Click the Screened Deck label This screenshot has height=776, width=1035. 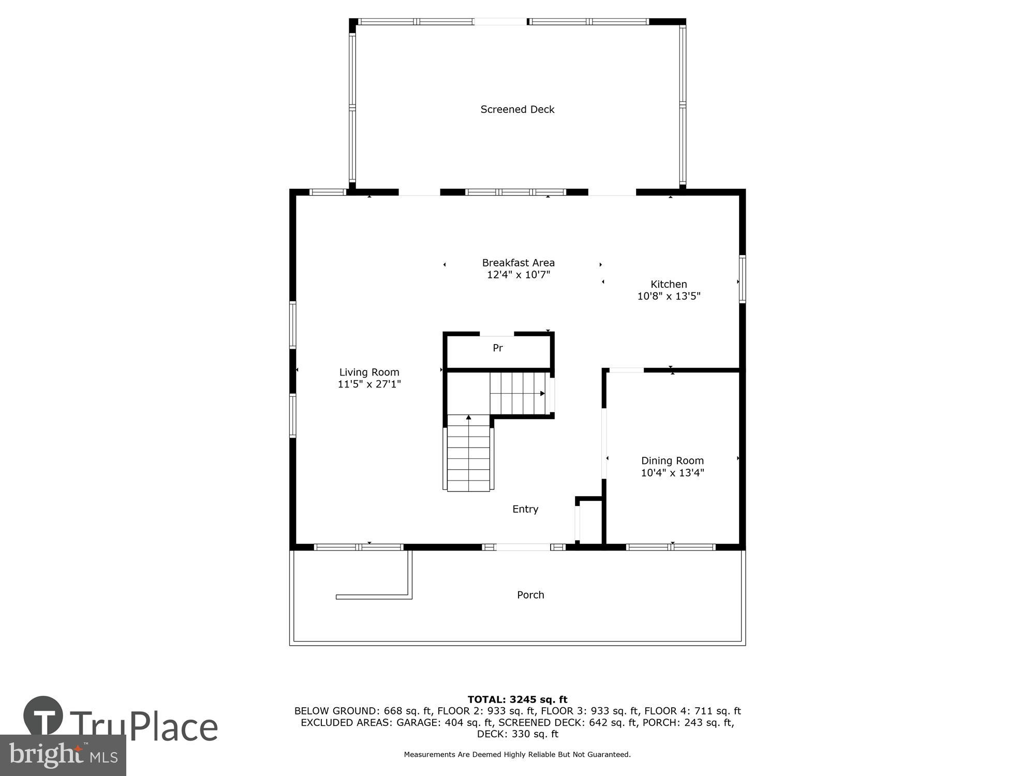pos(517,109)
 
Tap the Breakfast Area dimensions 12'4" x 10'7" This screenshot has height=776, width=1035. pos(518,275)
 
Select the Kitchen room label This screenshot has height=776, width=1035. pos(669,284)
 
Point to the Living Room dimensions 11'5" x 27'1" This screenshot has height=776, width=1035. pos(369,384)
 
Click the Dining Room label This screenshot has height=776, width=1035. pos(672,460)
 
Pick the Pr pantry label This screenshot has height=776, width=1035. pos(497,348)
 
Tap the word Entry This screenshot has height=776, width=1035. pos(525,509)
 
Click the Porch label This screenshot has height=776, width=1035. pos(530,595)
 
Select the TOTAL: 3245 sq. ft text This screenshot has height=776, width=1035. pos(517,699)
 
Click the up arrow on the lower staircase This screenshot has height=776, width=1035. pos(468,417)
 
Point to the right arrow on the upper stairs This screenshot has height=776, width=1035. pos(542,394)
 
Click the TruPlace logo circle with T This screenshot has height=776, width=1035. pos(43,716)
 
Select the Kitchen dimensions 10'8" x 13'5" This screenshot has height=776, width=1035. pos(669,296)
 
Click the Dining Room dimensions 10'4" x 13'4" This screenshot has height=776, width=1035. pos(672,473)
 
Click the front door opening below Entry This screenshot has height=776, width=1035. pos(523,547)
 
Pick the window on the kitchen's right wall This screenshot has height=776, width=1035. pos(742,279)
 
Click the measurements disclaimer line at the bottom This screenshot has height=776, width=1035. pos(517,754)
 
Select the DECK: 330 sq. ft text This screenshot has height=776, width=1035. pos(517,734)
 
